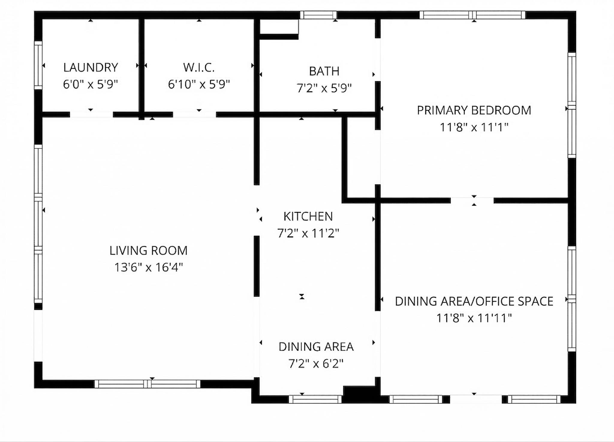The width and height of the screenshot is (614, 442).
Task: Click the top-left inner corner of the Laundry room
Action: click(43, 20)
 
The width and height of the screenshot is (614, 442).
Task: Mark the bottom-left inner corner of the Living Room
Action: click(43, 380)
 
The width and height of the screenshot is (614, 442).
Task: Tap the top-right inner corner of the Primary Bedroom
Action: click(568, 20)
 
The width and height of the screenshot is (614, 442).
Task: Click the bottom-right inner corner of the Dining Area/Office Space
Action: click(568, 395)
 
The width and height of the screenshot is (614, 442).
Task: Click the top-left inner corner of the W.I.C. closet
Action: click(145, 20)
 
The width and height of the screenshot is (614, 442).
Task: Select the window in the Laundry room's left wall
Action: click(38, 65)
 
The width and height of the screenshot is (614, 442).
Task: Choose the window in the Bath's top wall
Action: click(318, 15)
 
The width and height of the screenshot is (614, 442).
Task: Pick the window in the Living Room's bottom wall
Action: click(147, 384)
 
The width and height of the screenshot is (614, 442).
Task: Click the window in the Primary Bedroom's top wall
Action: click(472, 15)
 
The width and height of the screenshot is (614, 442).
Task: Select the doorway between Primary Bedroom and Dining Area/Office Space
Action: click(472, 201)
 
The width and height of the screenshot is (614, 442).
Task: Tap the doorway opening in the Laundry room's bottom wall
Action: click(91, 114)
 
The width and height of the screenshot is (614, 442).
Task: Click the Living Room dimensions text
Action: click(149, 267)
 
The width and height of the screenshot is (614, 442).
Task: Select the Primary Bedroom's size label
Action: click(474, 127)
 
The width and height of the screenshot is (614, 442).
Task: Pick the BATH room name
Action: click(324, 71)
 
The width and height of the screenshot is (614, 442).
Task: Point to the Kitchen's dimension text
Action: click(308, 233)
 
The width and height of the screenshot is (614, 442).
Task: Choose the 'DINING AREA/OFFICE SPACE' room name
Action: click(474, 301)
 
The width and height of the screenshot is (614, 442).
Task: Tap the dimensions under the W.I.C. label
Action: click(199, 84)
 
